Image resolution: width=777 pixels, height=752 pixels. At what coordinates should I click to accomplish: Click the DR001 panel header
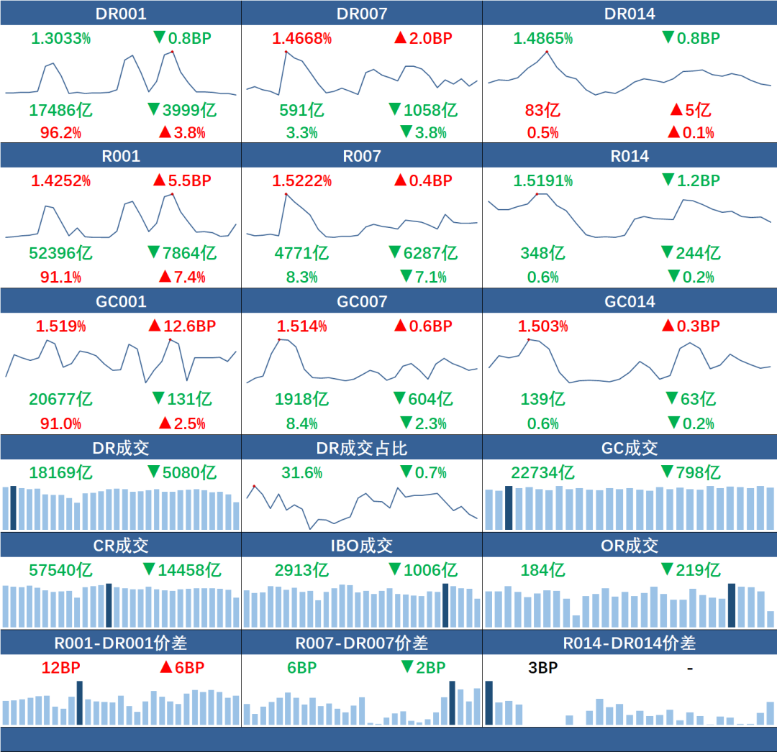120,14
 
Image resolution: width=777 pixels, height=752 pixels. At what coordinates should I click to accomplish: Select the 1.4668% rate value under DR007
301,38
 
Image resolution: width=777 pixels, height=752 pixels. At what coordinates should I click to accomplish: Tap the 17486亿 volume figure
60,110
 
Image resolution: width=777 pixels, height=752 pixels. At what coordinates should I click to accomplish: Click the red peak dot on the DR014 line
547,52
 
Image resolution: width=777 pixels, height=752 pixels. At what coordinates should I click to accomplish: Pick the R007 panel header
361,156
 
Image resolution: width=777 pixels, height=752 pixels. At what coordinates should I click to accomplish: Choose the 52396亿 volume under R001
60,252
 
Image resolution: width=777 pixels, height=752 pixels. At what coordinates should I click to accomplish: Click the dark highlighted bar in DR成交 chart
14,508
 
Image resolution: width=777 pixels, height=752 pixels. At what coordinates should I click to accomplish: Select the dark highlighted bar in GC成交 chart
509,508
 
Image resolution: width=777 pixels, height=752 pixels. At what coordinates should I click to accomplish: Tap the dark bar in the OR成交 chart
732,605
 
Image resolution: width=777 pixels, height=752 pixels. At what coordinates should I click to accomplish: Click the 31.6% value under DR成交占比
301,472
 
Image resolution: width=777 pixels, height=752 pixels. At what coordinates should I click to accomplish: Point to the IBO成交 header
361,546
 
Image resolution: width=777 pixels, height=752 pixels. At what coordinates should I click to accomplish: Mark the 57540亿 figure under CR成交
60,570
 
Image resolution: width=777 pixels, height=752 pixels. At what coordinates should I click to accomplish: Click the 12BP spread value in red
60,667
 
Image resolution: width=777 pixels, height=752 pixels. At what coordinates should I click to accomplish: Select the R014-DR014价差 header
629,643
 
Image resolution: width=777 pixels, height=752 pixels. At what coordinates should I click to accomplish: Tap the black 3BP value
542,667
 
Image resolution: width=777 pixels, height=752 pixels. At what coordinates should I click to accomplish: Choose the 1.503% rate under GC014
542,326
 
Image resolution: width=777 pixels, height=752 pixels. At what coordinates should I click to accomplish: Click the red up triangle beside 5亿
676,109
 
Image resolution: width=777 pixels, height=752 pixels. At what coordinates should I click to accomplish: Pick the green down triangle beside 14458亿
149,569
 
